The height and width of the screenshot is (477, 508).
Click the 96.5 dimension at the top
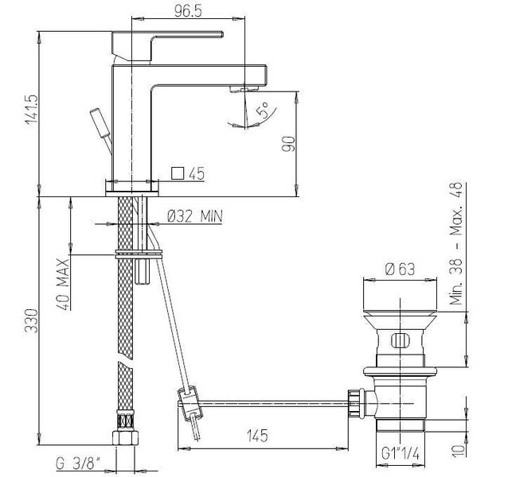(x=188, y=10)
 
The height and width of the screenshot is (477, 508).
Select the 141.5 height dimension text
(x=32, y=109)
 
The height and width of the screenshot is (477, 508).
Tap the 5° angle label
(x=263, y=110)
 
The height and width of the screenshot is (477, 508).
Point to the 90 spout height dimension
(x=288, y=144)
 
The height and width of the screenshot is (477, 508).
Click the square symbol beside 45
(x=178, y=173)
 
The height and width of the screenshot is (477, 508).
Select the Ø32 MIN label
(x=195, y=216)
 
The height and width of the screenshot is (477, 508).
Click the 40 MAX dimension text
(x=63, y=285)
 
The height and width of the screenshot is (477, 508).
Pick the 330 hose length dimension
(x=31, y=321)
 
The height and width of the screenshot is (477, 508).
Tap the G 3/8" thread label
(x=78, y=464)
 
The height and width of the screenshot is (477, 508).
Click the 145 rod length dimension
(x=257, y=436)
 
